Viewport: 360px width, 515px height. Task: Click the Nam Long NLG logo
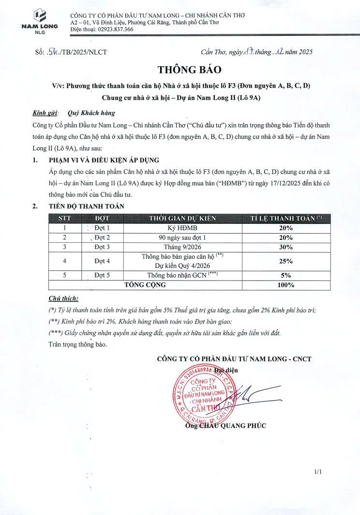coord(40,21)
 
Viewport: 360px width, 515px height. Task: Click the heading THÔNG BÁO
coord(182,70)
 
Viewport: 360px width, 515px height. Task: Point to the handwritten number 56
coord(54,52)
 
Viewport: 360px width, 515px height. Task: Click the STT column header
coord(64,219)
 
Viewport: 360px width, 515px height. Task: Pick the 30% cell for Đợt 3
coord(285,247)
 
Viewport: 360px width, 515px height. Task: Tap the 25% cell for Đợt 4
coord(285,261)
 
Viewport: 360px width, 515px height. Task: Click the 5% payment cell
coord(285,275)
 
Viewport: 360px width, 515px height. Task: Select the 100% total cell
coord(285,285)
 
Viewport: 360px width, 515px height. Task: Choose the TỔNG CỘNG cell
coord(145,285)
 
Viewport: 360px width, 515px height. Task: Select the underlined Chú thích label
coord(63,299)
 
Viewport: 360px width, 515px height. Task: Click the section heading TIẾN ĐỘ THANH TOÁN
coord(87,206)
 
